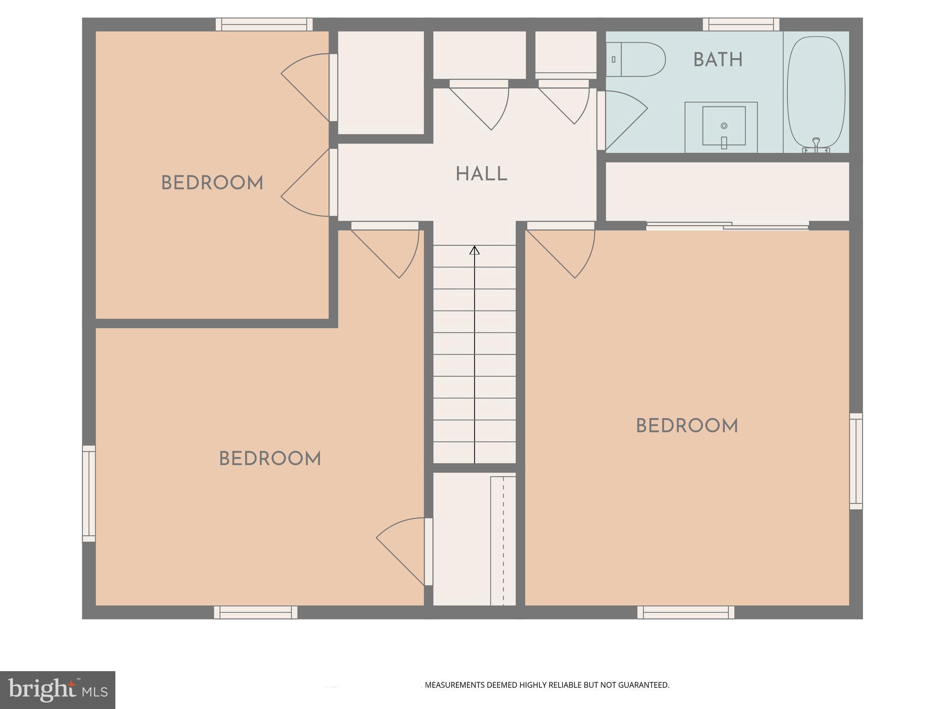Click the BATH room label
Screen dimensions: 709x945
[x=718, y=60]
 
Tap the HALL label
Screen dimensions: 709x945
[x=481, y=174]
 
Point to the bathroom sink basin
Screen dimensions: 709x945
[x=724, y=126]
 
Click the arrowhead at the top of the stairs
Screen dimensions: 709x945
[x=474, y=250]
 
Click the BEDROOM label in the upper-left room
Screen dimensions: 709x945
[x=212, y=183]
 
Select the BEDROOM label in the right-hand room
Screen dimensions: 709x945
[x=687, y=426]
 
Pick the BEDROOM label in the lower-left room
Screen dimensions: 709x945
[x=270, y=459]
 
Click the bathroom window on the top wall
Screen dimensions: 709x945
[x=741, y=24]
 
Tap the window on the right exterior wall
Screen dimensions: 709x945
[x=856, y=461]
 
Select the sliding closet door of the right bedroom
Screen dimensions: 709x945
[x=727, y=226]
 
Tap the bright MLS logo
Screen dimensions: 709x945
[x=57, y=690]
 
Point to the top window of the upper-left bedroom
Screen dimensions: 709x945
[x=264, y=24]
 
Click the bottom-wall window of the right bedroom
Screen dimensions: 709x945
[x=686, y=613]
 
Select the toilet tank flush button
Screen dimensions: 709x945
[x=613, y=60]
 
